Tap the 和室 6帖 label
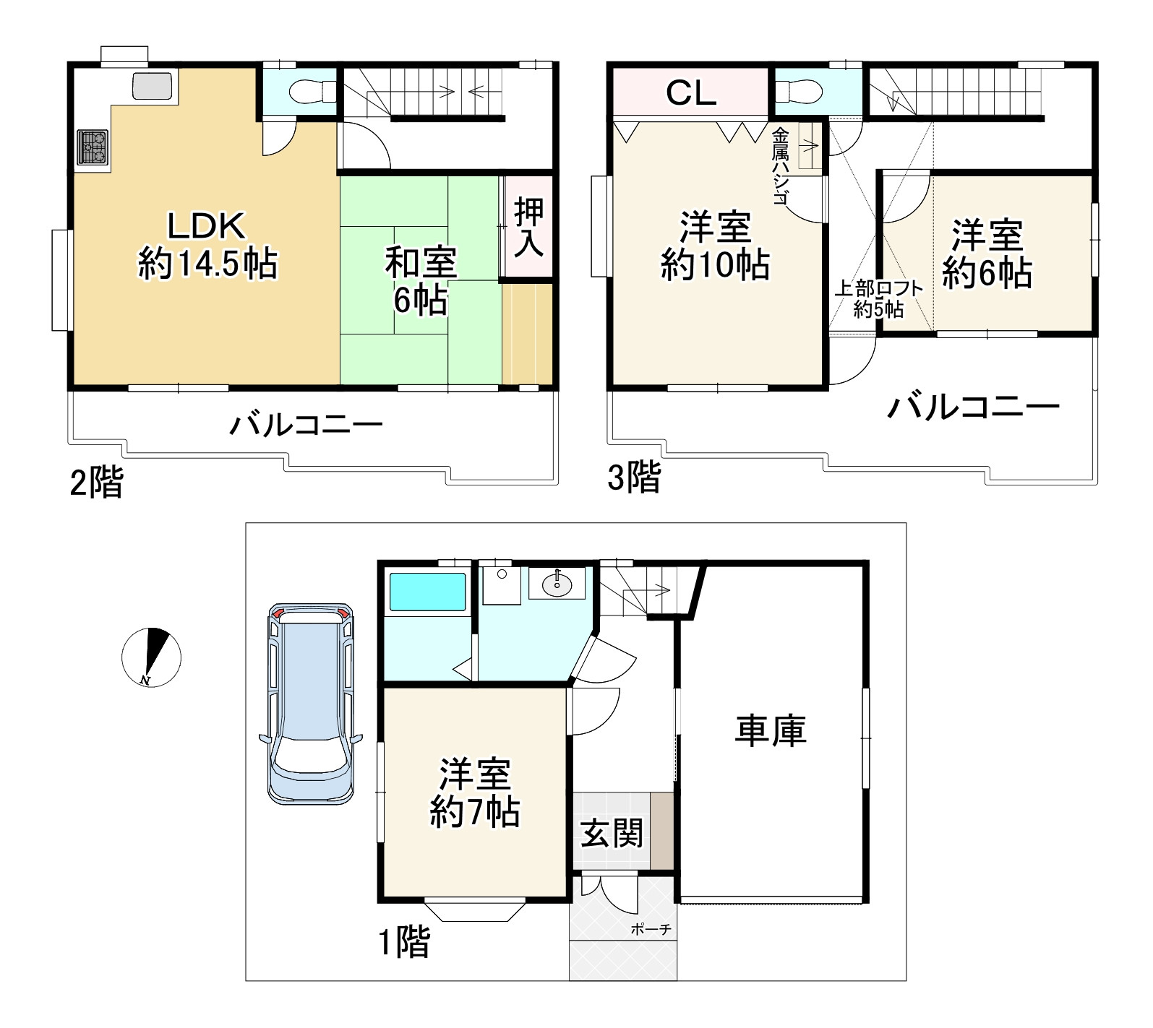click(x=421, y=281)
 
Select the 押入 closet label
click(x=528, y=228)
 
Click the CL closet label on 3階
click(x=690, y=92)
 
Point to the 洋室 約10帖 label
click(x=715, y=246)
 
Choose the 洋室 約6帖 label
click(x=987, y=254)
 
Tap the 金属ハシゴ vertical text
click(x=780, y=166)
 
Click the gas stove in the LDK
click(x=93, y=147)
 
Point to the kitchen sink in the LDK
click(x=152, y=86)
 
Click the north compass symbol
click(x=150, y=657)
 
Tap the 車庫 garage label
click(x=771, y=730)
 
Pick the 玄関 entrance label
click(x=612, y=834)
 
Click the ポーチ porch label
click(x=651, y=930)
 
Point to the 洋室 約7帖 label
click(x=475, y=792)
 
